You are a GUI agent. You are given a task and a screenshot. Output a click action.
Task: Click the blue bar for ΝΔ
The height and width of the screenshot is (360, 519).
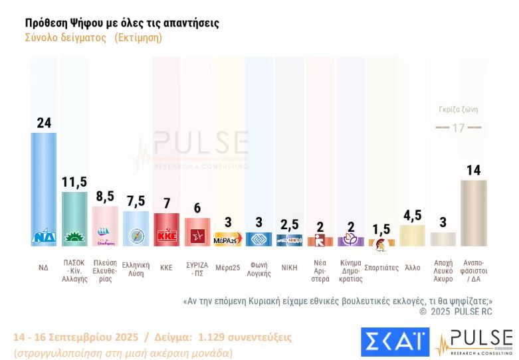[x=44, y=189]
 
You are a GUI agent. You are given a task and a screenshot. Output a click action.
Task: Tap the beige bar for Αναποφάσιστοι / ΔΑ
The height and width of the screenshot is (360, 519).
[x=474, y=213]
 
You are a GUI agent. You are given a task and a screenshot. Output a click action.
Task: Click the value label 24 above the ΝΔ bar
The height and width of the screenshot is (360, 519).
[x=44, y=123]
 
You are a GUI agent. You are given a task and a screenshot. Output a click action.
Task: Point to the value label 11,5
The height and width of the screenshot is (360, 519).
[x=74, y=182]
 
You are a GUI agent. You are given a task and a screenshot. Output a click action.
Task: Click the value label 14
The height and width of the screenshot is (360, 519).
[x=474, y=170]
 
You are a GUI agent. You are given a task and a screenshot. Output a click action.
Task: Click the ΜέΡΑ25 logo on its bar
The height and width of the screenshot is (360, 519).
[x=227, y=240]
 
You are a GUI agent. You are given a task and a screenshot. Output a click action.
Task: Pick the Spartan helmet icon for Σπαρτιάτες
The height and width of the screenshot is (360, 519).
[x=381, y=244]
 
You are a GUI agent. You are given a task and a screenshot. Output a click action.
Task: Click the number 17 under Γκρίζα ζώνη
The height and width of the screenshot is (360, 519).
[x=459, y=128]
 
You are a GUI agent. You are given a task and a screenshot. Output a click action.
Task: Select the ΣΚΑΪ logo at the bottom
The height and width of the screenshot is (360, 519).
[x=395, y=341]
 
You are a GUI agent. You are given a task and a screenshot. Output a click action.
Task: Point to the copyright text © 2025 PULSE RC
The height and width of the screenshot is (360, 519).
[x=456, y=310]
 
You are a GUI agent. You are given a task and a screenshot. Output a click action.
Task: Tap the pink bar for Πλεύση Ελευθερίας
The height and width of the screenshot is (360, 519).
[x=105, y=226]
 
